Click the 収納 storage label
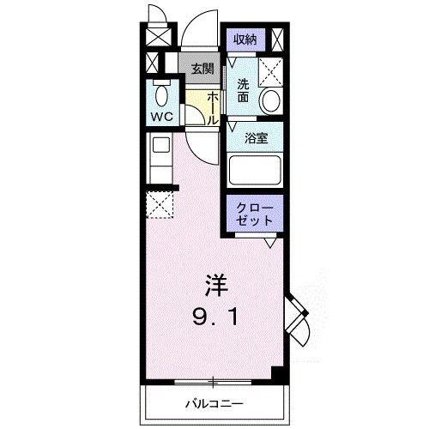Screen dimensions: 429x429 [x=245, y=39]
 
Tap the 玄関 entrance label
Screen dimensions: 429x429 [x=202, y=69]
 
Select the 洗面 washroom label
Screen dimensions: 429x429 [x=244, y=89]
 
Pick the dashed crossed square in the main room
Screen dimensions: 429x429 [x=160, y=203]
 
